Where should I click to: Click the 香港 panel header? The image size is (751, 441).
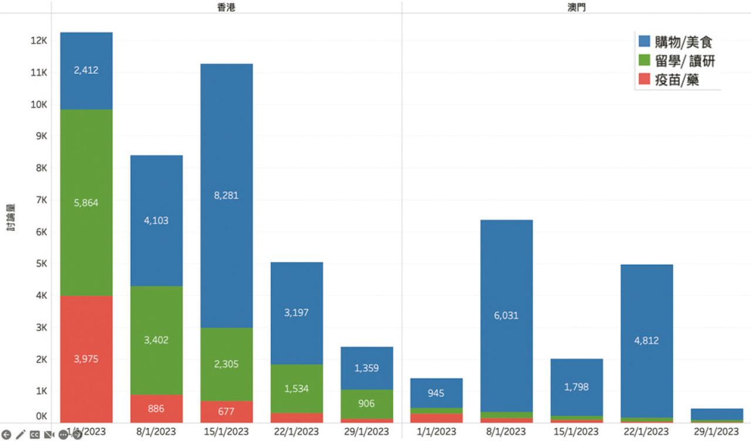[x=226, y=8]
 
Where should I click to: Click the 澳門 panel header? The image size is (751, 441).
[x=577, y=8]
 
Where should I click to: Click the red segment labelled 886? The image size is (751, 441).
[x=156, y=409]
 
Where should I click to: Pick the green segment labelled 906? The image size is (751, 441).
[x=367, y=403]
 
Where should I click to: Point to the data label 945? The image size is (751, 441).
[x=436, y=393]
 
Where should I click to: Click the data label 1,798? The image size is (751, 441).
[x=576, y=387]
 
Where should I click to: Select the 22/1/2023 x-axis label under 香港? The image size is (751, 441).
[x=296, y=432]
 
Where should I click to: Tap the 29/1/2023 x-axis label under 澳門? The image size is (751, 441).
[x=717, y=432]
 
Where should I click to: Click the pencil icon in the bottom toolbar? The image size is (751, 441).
[x=21, y=435]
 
